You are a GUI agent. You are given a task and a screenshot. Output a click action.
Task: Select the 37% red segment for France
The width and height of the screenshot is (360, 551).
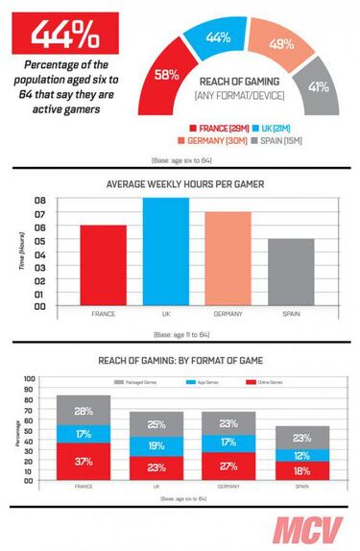(x=83, y=461)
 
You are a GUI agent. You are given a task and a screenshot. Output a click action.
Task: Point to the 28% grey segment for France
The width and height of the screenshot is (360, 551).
(x=83, y=411)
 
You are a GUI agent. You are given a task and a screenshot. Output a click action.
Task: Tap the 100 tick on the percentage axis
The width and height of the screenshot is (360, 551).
(x=29, y=377)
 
